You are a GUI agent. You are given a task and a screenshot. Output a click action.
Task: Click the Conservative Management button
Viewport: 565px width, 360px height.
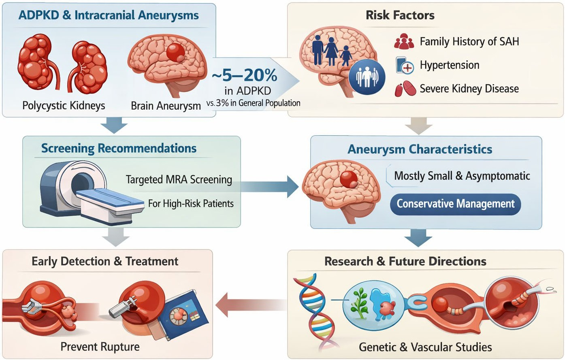[x=456, y=204]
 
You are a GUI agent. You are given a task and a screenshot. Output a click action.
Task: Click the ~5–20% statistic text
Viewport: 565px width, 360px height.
[x=244, y=75]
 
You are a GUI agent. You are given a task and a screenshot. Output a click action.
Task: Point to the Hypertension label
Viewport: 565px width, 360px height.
[x=450, y=65]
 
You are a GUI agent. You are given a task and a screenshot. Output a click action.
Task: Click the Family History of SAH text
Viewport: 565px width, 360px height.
[x=469, y=42]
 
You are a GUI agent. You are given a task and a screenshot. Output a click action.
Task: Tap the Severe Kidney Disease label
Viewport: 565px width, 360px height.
[x=469, y=89]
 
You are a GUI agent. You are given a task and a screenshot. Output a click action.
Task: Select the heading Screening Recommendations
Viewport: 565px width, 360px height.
[x=119, y=148]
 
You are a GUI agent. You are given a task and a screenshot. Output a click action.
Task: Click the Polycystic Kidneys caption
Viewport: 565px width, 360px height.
[x=64, y=105]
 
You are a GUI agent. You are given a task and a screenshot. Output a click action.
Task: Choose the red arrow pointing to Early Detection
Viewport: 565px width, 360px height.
[x=251, y=305]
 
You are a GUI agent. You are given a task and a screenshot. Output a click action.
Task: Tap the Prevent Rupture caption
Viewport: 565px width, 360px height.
[x=100, y=347]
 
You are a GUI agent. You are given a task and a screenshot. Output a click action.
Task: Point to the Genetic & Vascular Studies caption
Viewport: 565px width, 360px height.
[x=425, y=347]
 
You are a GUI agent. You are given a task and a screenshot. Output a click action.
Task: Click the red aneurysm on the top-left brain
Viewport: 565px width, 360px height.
[x=176, y=53]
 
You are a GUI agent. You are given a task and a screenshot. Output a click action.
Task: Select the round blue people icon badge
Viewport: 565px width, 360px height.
[x=367, y=77]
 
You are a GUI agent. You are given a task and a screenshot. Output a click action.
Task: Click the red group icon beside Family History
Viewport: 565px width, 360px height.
[x=404, y=41]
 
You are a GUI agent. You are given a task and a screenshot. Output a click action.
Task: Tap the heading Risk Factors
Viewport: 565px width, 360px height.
[x=400, y=15]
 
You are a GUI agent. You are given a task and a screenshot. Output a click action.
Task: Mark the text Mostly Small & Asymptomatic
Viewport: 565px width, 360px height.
[x=462, y=176]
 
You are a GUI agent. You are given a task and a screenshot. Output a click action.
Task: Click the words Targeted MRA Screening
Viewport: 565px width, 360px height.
[x=179, y=180]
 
